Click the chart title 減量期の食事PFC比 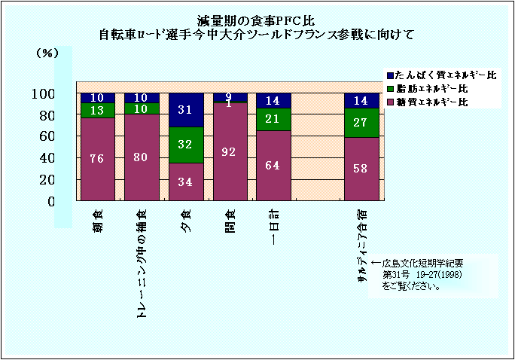click(x=257, y=20)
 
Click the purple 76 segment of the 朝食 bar click(x=98, y=158)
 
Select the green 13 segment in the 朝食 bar click(x=98, y=111)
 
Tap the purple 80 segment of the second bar click(x=141, y=157)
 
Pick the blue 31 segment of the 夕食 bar click(x=185, y=110)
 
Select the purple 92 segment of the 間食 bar click(x=229, y=151)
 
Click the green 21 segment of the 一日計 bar click(x=273, y=119)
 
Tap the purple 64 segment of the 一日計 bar click(x=273, y=166)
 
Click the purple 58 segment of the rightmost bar click(x=361, y=169)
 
